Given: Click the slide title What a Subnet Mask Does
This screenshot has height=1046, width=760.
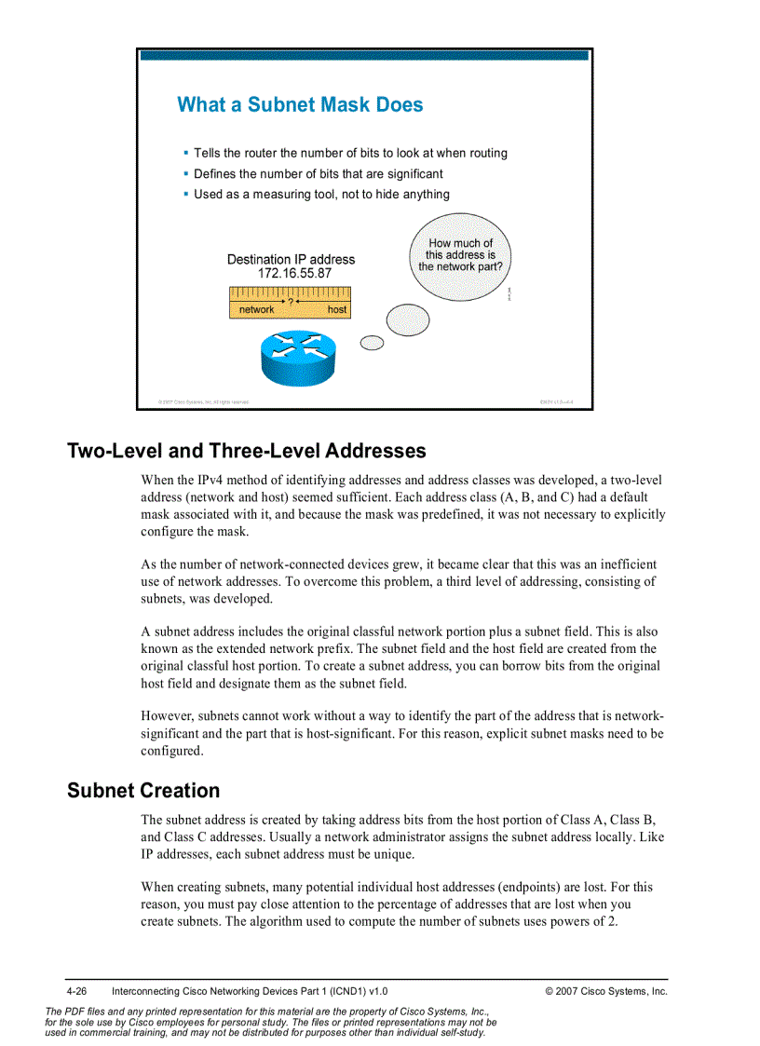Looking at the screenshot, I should pos(300,104).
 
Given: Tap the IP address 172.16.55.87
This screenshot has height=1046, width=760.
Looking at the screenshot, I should pos(294,274).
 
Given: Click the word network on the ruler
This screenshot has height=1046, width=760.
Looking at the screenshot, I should pos(256,309).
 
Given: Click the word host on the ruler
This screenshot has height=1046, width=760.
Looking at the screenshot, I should pos(337,309).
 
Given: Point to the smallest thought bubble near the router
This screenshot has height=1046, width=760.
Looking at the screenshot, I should pos(372,343).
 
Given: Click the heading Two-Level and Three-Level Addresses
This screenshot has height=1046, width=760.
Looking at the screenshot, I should pos(246,451).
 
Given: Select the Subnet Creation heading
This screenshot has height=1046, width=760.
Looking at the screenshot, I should pos(143,791).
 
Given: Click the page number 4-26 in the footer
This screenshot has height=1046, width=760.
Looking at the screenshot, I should pos(75,991).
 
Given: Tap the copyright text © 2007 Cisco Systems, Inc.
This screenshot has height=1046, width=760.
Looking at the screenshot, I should pos(605,991).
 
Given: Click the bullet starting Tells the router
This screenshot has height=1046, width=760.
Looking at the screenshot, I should pos(350,153).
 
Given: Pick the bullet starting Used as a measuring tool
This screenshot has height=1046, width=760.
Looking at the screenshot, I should pos(321,194).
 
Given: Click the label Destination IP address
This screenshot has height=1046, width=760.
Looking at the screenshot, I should pos(291,259).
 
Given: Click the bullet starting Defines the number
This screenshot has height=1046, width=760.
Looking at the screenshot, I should pos(318,173).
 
